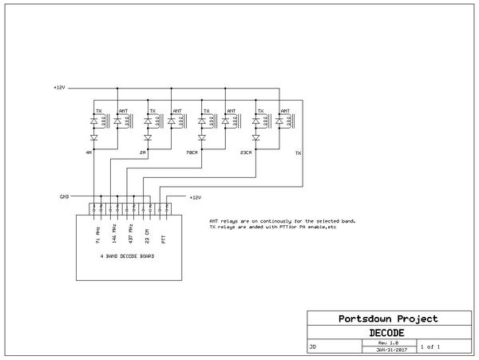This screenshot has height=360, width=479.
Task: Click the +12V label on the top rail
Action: pos(58,87)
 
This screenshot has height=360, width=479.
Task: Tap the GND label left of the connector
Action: pos(65,196)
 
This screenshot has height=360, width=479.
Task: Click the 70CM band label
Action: pos(190,151)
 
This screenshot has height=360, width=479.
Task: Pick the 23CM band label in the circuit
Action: pos(246,151)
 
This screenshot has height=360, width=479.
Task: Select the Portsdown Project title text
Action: pos(386,319)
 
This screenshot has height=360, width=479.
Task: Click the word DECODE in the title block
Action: pos(386,332)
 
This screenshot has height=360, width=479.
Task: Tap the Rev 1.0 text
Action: pos(386,342)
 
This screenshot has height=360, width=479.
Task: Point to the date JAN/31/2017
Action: pos(386,349)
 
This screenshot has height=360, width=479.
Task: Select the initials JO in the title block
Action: pos(312,348)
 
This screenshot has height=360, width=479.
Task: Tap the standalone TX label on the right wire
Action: pos(299,152)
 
